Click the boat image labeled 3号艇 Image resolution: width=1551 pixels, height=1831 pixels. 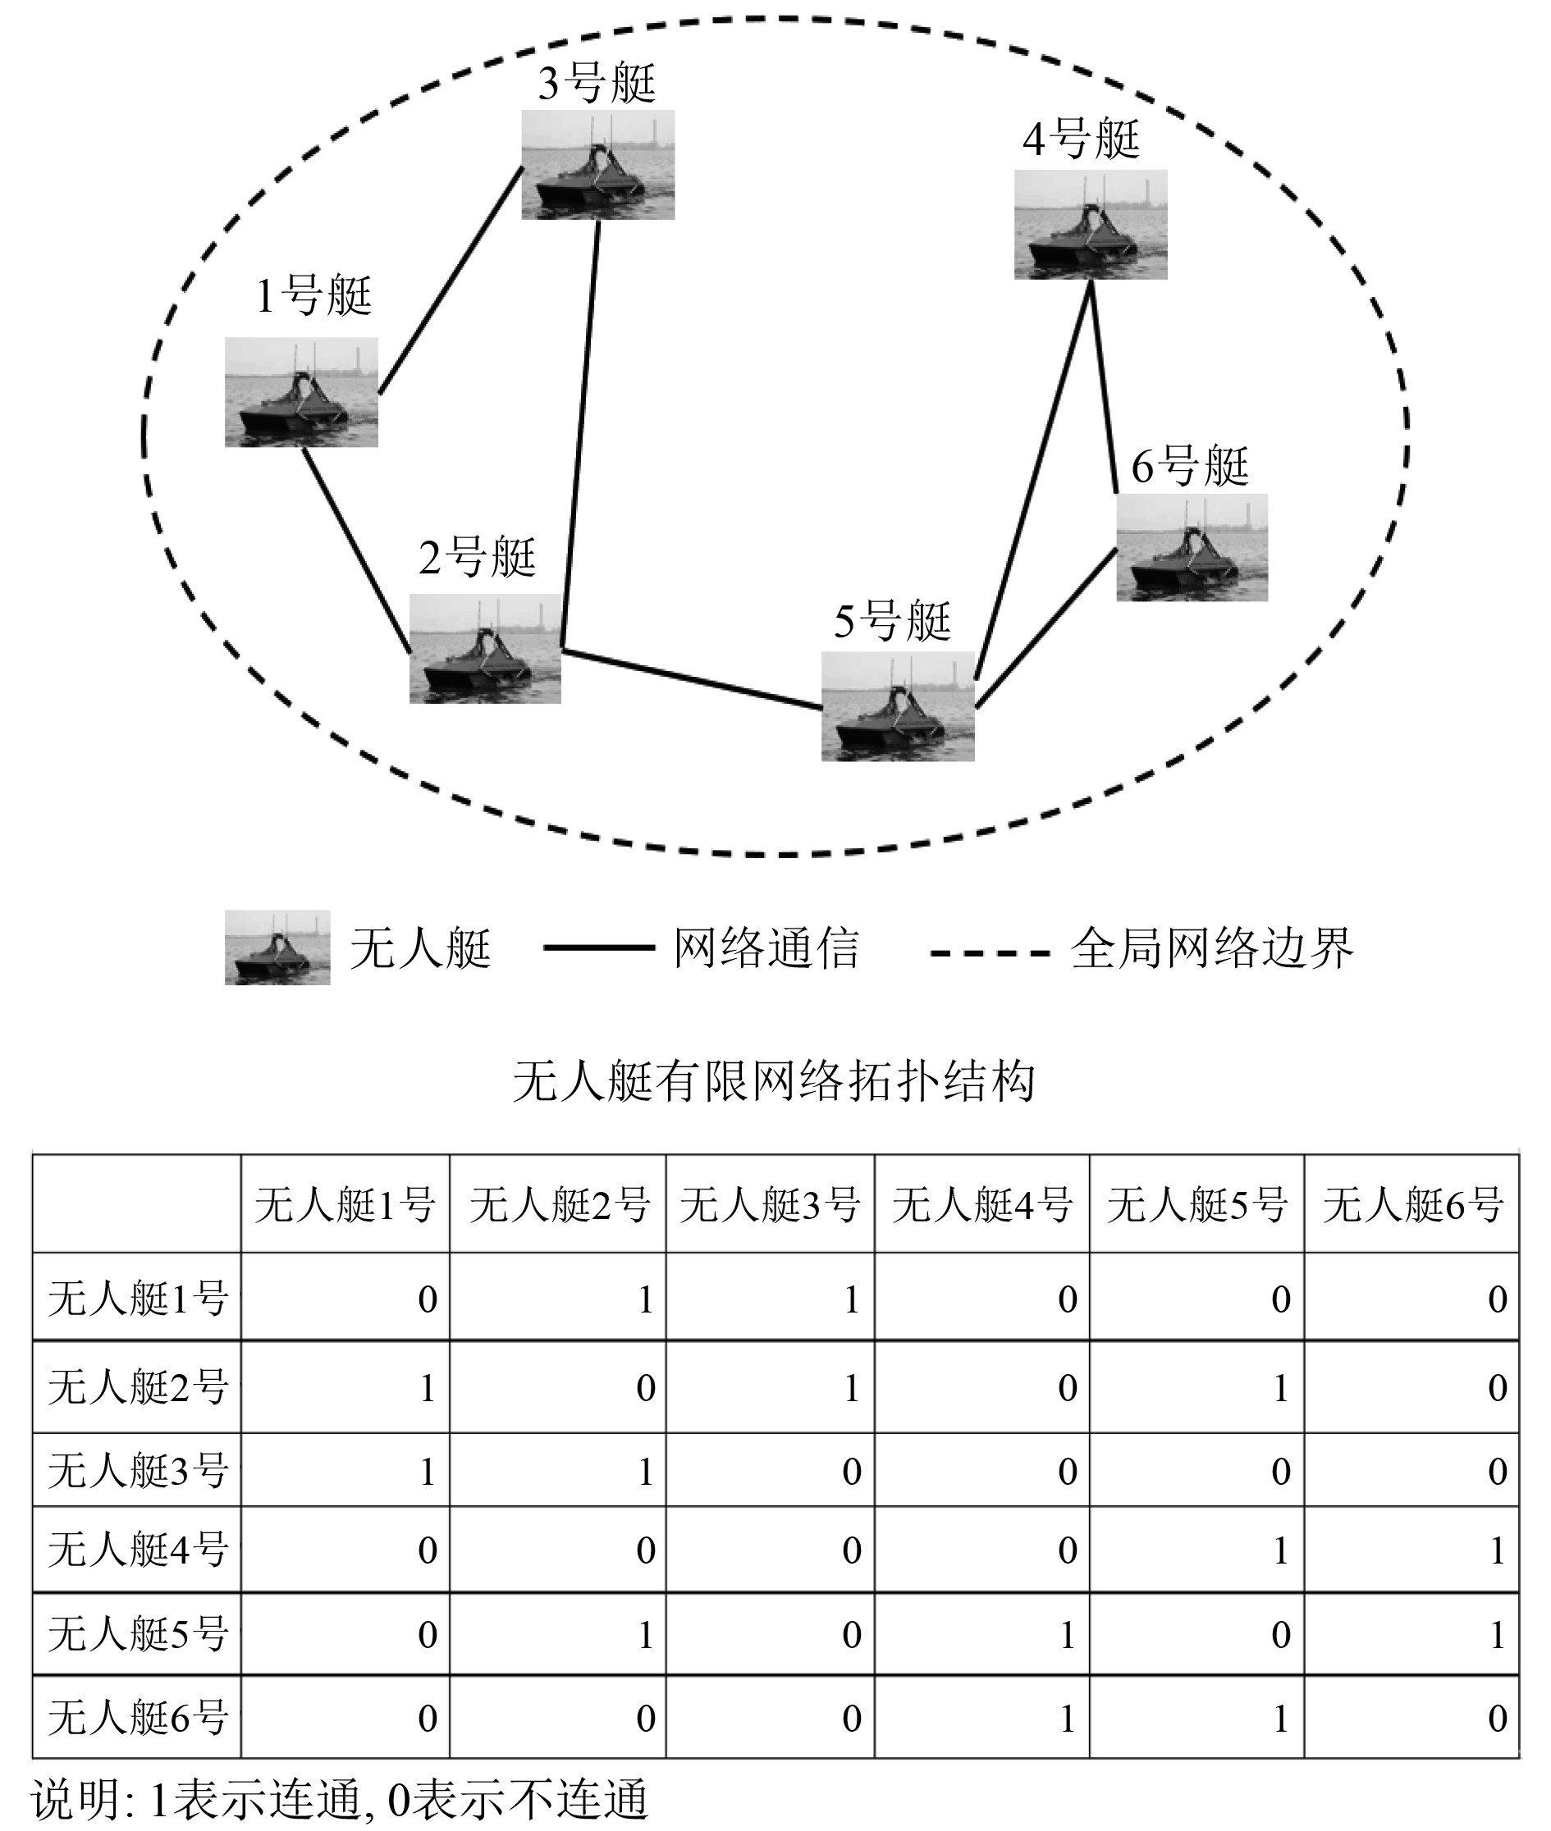(x=598, y=164)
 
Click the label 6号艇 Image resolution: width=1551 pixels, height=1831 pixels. (x=1190, y=466)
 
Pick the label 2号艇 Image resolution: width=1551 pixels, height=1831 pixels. (x=477, y=557)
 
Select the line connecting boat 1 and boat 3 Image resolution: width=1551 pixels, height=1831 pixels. (x=451, y=281)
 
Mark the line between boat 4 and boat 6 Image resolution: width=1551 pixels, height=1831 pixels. (x=1104, y=386)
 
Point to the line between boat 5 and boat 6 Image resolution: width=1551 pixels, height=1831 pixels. (x=1046, y=628)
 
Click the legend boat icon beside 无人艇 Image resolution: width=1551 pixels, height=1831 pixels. (x=277, y=947)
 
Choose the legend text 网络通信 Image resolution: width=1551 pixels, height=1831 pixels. (x=766, y=948)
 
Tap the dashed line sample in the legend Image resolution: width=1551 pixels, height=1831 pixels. (x=990, y=952)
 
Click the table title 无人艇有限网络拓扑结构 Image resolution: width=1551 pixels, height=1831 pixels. (x=774, y=1081)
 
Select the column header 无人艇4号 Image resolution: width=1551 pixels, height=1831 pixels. (x=981, y=1205)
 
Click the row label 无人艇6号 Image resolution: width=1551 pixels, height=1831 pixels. (x=137, y=1718)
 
